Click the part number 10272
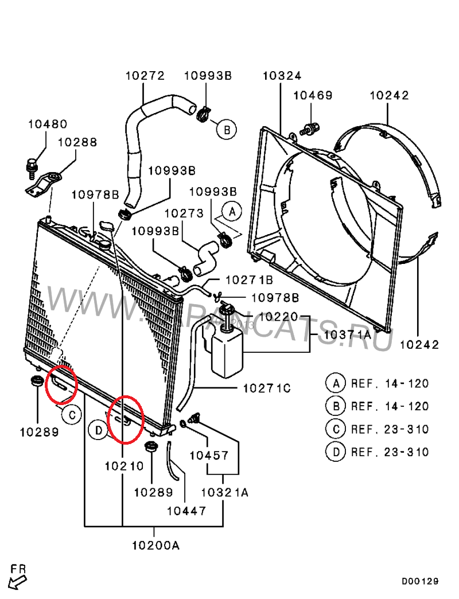[x=145, y=76]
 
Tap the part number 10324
[x=282, y=76]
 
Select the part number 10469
[x=313, y=95]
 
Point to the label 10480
[x=48, y=124]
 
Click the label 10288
[x=77, y=142]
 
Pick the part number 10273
[x=184, y=213]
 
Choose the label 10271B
[x=250, y=280]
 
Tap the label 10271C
[x=267, y=388]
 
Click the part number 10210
[x=125, y=466]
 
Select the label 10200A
[x=155, y=545]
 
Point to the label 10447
[x=186, y=511]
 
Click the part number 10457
[x=209, y=456]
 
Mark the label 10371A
[x=347, y=334]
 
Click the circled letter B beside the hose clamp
[x=227, y=130]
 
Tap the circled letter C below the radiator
[x=71, y=414]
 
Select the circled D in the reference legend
[x=336, y=452]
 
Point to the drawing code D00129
[x=419, y=581]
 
